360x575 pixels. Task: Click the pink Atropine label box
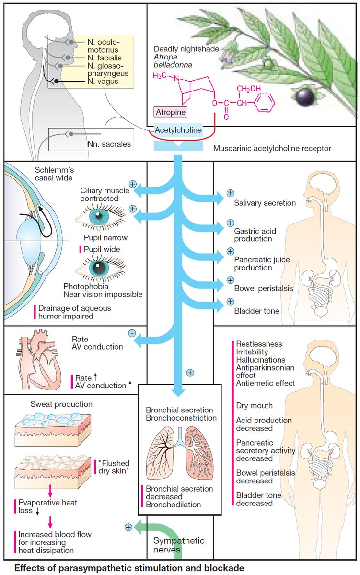[x=171, y=112]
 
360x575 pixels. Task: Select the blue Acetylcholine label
[x=178, y=130]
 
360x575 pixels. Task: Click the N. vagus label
[x=103, y=82]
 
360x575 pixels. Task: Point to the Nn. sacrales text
[x=109, y=144]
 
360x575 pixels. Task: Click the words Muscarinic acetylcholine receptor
[x=272, y=149]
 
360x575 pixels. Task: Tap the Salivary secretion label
[x=265, y=203]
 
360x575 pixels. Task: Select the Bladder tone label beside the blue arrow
[x=256, y=311]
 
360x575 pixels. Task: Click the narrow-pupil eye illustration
[x=100, y=217]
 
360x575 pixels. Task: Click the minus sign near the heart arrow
[x=132, y=333]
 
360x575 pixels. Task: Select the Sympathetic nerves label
[x=179, y=545]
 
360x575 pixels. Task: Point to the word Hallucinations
[x=261, y=360]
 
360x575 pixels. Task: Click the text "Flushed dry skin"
[x=114, y=467]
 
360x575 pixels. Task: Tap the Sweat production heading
[x=61, y=404]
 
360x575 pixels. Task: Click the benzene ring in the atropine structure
[x=264, y=103]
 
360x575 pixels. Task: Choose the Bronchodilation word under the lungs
[x=174, y=505]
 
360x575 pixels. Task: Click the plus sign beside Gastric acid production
[x=230, y=223]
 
